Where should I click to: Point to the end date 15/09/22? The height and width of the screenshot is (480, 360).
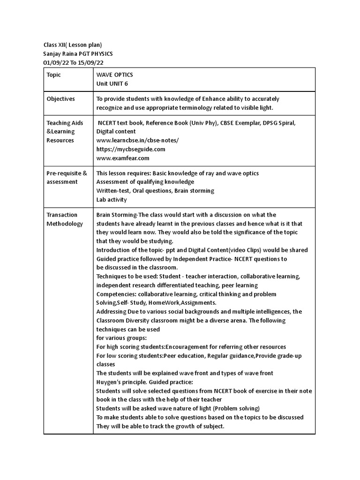click(x=94, y=63)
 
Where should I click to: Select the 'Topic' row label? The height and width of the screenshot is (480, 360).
click(x=54, y=75)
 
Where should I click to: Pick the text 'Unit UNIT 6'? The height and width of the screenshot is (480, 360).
click(x=112, y=84)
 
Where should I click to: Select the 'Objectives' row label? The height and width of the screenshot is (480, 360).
click(x=60, y=99)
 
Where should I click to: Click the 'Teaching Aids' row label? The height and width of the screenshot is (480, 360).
click(x=65, y=123)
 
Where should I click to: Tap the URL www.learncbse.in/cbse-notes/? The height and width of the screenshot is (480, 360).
click(x=137, y=140)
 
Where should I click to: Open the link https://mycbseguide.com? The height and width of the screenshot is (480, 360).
click(x=131, y=149)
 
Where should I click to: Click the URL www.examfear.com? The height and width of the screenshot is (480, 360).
click(x=122, y=158)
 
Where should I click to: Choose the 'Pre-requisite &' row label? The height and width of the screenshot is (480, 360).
click(x=67, y=173)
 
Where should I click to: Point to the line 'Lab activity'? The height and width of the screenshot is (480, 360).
click(x=112, y=200)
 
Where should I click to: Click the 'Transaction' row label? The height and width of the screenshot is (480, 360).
click(x=62, y=215)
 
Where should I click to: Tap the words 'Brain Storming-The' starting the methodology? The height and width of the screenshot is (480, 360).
click(x=122, y=215)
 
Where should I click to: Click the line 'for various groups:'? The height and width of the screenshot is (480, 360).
click(x=121, y=338)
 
